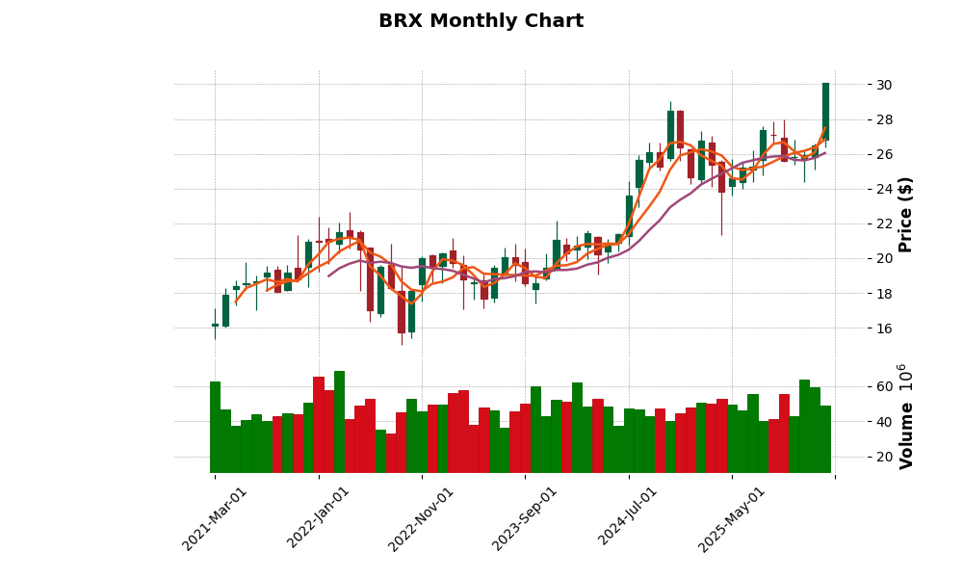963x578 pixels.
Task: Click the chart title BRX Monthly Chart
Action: point(481,21)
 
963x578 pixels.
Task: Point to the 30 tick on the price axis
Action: point(883,85)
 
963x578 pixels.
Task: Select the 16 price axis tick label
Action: point(883,328)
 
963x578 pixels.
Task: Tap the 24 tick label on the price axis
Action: point(883,189)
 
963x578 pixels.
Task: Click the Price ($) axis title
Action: point(905,214)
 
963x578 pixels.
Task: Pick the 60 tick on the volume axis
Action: point(883,387)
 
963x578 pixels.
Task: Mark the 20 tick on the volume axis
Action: point(883,457)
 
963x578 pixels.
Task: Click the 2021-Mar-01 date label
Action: point(215,518)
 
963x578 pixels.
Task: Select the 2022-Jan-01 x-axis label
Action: point(319,518)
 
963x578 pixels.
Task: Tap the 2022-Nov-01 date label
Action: point(422,518)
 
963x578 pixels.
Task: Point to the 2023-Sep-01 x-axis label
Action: point(525,518)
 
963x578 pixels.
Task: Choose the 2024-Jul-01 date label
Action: point(628,518)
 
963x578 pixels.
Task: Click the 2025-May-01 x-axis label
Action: point(732,518)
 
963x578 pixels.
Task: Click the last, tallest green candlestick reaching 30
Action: point(825,112)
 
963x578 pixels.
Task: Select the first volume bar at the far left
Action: point(215,427)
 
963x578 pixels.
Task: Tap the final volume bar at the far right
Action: point(825,439)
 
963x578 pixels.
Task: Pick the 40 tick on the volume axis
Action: point(883,422)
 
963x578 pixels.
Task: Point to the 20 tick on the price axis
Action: point(883,258)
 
